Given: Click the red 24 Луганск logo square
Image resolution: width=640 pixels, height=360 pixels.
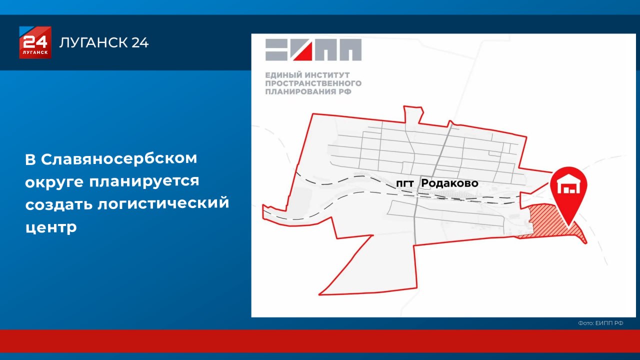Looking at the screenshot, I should (35, 42).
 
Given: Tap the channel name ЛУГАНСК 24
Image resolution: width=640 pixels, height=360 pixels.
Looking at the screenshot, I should (104, 43).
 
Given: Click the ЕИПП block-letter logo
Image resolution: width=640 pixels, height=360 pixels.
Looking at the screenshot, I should (313, 49).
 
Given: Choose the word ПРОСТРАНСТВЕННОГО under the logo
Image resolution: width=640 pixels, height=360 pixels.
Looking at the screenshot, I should (313, 83).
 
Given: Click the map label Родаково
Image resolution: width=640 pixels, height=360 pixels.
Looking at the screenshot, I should (449, 183).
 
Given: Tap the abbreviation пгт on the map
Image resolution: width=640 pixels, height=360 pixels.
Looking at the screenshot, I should (405, 184).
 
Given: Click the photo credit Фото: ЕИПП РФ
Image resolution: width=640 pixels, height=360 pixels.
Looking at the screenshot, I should (600, 323).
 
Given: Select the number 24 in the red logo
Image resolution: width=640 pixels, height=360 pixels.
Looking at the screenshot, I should (35, 40).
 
